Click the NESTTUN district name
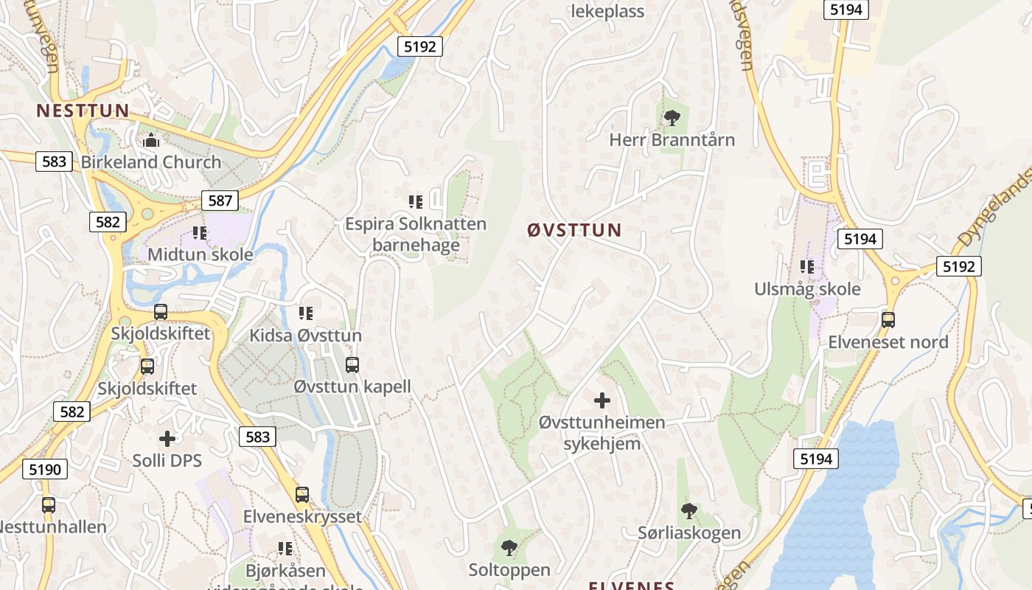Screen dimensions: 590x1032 [83, 111]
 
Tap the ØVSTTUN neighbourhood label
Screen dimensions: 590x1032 [575, 230]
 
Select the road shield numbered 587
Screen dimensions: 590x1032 [220, 200]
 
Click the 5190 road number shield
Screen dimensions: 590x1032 [45, 469]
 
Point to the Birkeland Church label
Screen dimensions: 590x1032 [151, 162]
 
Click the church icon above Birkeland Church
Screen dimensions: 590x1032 [151, 139]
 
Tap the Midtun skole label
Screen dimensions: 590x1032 [200, 255]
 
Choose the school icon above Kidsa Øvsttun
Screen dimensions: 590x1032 [306, 313]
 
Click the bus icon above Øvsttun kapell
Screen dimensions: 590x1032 [352, 364]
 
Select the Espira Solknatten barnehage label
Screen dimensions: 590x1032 [416, 235]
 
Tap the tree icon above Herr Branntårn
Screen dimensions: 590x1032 [672, 117]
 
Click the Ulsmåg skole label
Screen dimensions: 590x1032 [807, 289]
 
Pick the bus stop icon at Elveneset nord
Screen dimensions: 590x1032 [888, 320]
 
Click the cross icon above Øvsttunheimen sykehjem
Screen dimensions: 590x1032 [602, 400]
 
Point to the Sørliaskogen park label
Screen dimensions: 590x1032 [689, 532]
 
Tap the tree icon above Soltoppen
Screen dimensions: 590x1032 [509, 548]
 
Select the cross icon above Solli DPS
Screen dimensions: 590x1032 [167, 439]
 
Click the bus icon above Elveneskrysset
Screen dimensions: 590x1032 [302, 495]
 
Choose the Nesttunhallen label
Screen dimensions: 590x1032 [52, 527]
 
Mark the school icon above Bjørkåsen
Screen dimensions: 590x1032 [285, 549]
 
